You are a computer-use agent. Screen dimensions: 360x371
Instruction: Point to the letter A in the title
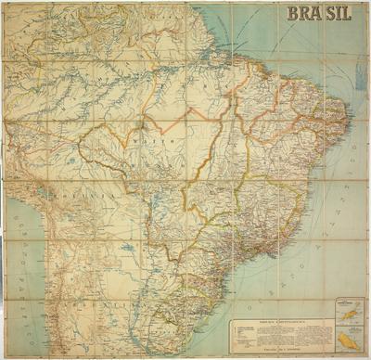tap(320, 14)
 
